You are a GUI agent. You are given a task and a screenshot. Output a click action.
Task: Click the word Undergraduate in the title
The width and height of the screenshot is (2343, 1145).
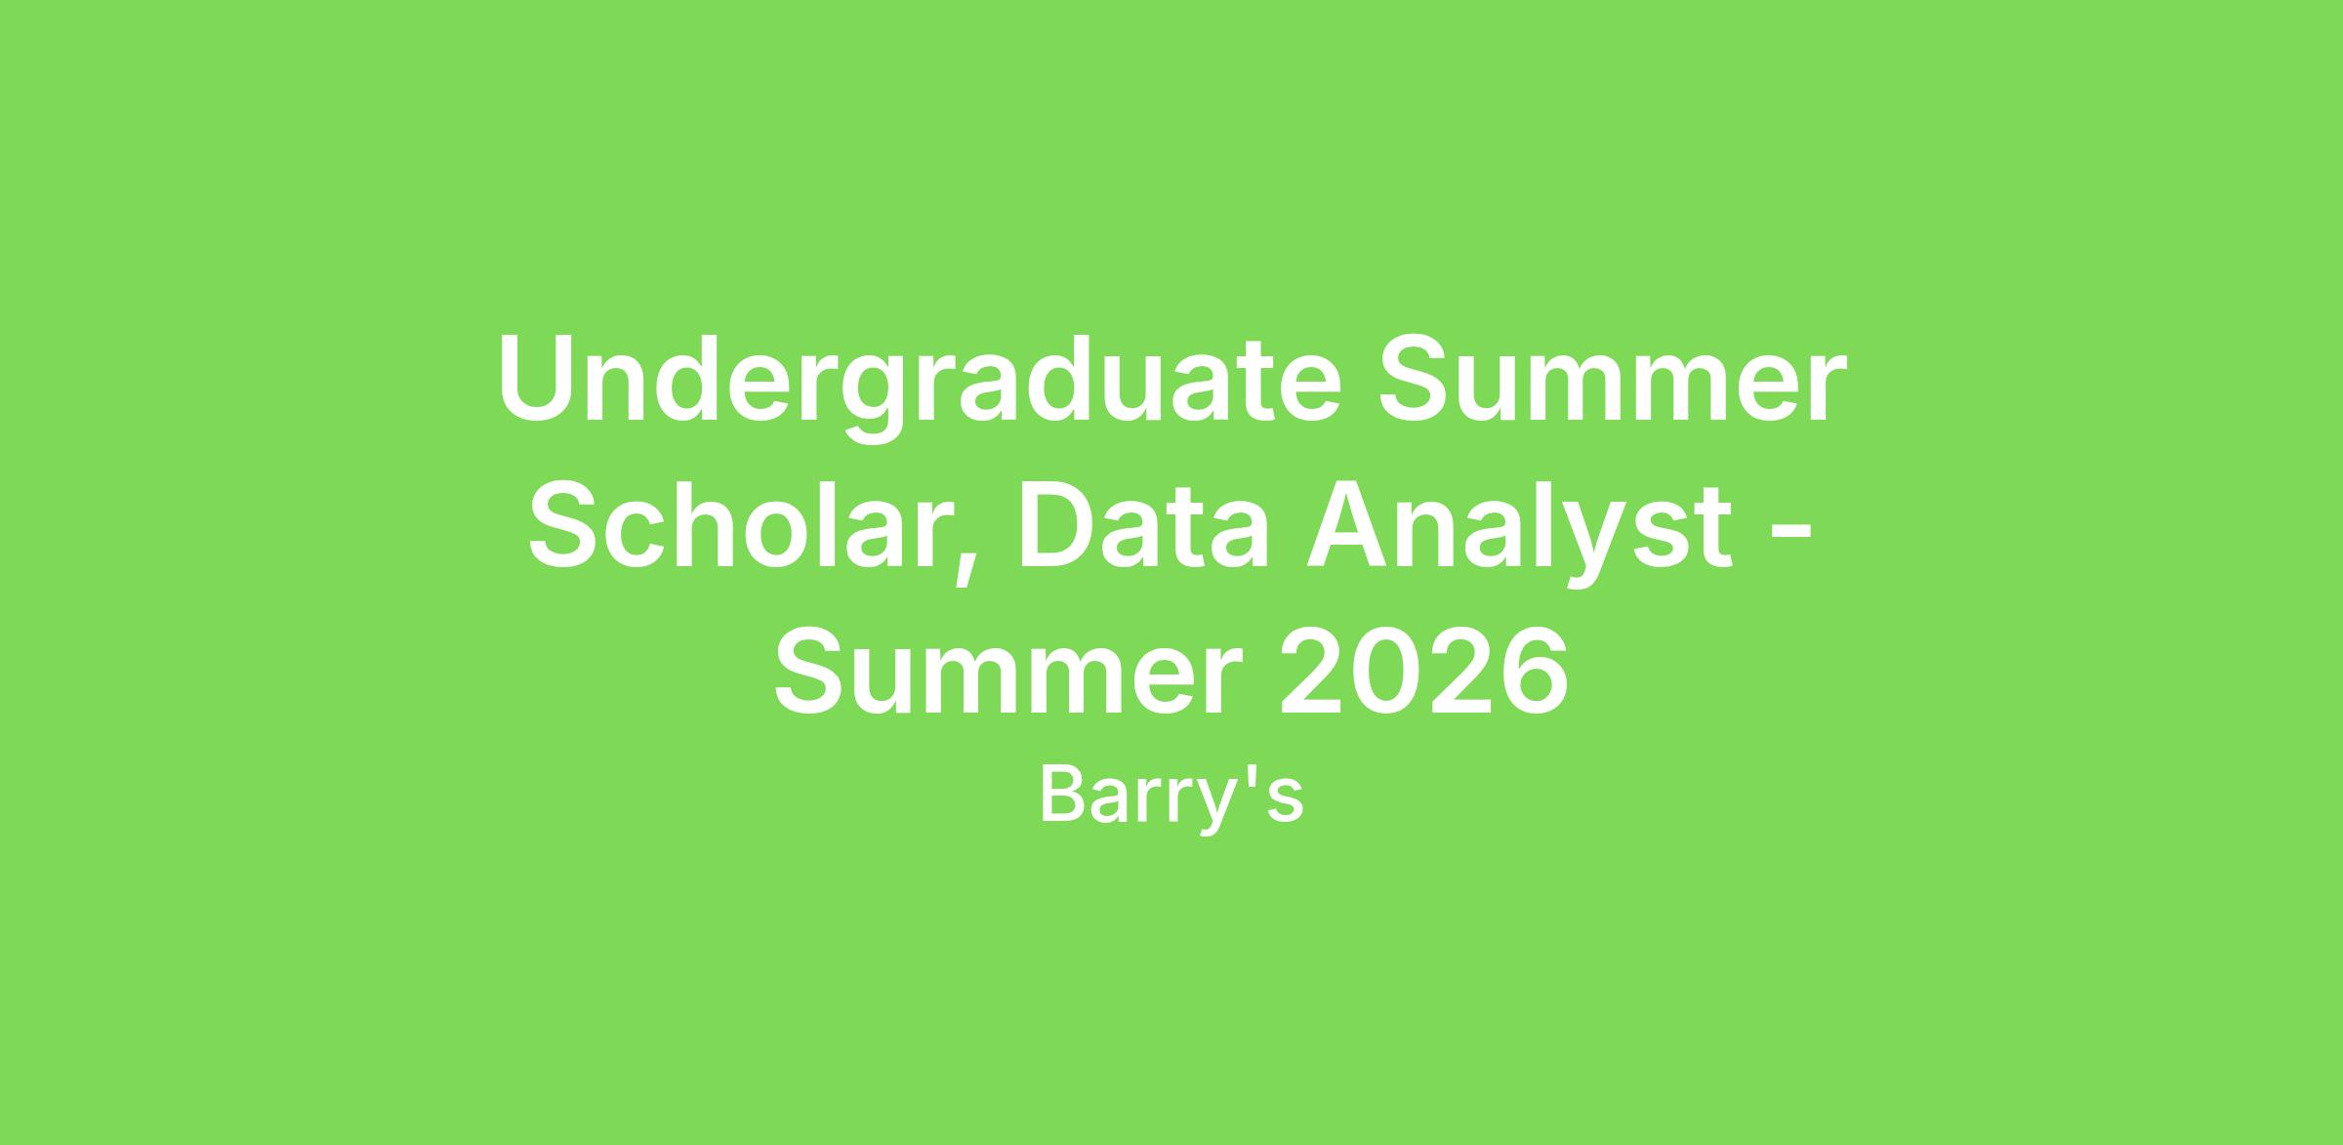point(920,387)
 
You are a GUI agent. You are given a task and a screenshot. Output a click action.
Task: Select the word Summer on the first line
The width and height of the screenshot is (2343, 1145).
point(1613,380)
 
